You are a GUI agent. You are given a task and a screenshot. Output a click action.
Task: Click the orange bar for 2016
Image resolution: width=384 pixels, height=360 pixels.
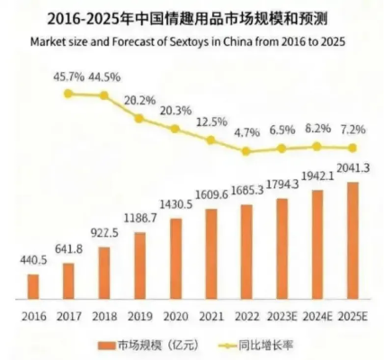pyautogui.click(x=33, y=284)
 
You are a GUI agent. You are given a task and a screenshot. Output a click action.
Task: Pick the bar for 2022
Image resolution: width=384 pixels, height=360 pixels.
pyautogui.click(x=246, y=250)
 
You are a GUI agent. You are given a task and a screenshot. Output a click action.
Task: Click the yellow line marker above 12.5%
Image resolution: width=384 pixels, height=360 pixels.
pyautogui.click(x=210, y=140)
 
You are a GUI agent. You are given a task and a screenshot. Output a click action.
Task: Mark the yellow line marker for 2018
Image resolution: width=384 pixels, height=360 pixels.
pyautogui.click(x=104, y=94)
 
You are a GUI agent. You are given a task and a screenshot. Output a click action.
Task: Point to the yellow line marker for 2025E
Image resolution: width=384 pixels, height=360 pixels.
pyautogui.click(x=353, y=148)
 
